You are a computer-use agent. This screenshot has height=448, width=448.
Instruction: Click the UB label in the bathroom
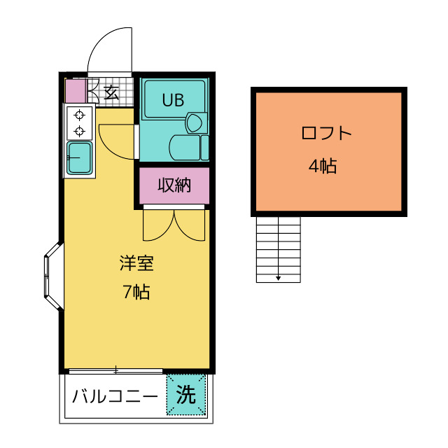[x=173, y=99]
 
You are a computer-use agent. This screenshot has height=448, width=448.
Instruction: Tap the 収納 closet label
[x=174, y=185]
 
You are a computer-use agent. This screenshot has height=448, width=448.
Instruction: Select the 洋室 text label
[x=136, y=264]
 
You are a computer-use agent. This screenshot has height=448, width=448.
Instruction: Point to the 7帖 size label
[x=136, y=293]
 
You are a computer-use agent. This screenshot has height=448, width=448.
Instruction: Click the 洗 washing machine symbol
[x=186, y=395]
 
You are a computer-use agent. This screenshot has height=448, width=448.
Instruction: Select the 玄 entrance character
[x=111, y=92]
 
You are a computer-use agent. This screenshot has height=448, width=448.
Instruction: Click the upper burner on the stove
[x=80, y=115]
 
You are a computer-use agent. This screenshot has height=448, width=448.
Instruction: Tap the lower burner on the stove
[x=80, y=131]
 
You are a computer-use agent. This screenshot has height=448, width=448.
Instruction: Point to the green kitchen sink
[x=80, y=158]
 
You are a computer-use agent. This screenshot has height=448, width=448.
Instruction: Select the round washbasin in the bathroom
[x=195, y=124]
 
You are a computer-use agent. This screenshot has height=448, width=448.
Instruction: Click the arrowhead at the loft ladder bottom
[x=279, y=278]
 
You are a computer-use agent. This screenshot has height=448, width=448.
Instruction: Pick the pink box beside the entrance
[x=74, y=91]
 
